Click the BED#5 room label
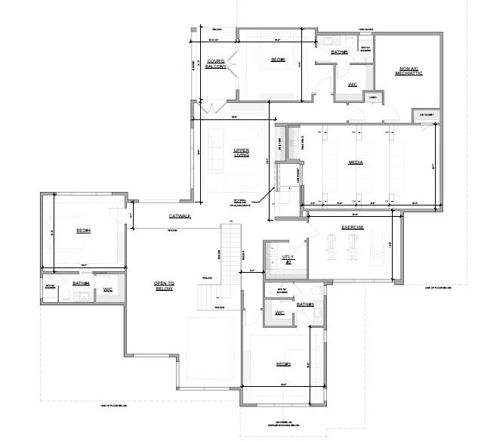coord(278,60)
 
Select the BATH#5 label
coord(340,52)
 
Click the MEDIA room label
coord(356,162)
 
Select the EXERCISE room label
coord(353,227)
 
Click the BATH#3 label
coord(305,304)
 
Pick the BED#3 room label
coord(283,365)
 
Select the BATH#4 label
coord(81,284)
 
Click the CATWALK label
coord(179,217)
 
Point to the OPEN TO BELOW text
coord(164,286)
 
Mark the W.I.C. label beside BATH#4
coord(107,289)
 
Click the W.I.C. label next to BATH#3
coord(279,312)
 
